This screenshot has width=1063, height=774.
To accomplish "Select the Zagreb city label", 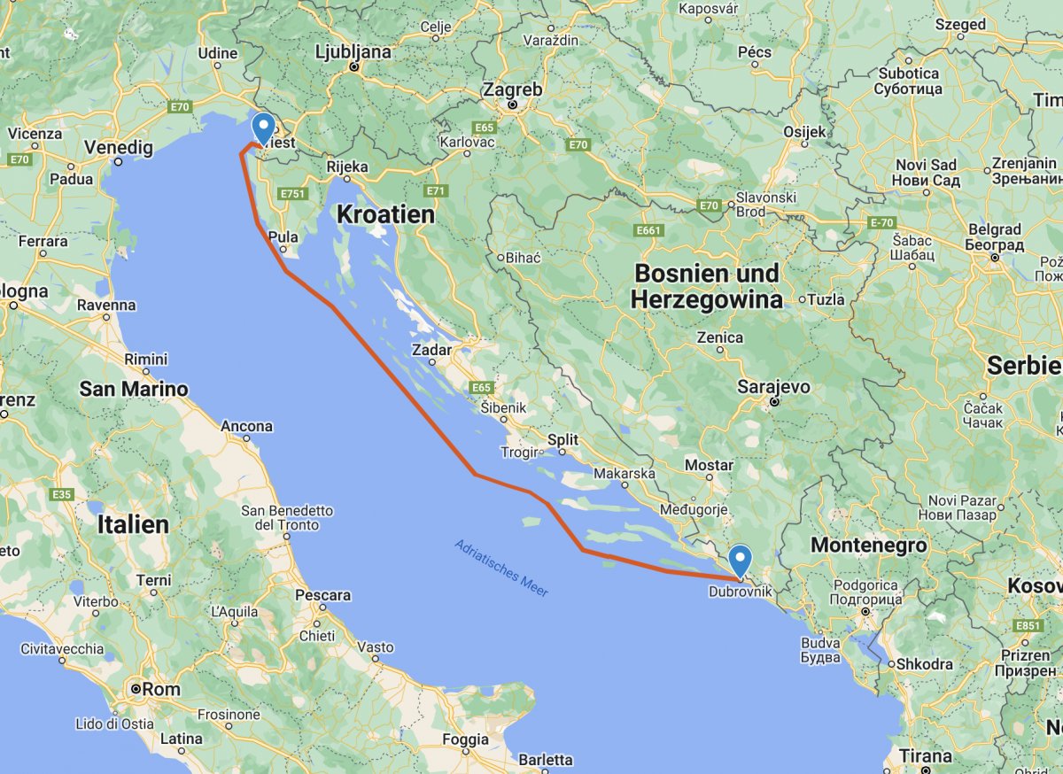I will click(x=512, y=90).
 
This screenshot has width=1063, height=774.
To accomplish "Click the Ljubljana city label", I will click(x=353, y=52).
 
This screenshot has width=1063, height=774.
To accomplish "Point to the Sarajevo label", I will click(x=775, y=387).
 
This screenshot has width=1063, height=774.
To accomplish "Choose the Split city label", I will click(x=563, y=439).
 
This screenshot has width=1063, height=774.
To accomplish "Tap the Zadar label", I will click(x=431, y=351).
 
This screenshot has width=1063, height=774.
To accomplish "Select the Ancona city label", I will click(x=246, y=427).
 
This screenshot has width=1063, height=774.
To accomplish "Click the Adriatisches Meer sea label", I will click(x=501, y=568).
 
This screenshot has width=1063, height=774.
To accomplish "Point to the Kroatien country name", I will click(x=385, y=214).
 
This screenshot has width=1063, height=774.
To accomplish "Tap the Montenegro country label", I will click(x=869, y=546).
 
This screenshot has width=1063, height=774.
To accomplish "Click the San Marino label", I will click(x=134, y=389).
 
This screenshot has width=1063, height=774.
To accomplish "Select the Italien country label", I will click(x=133, y=524).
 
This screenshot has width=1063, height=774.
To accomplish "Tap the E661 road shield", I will click(x=649, y=231).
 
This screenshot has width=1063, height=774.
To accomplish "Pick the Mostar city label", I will click(x=710, y=465).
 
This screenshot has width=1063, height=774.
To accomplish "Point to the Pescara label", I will click(x=322, y=595).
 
